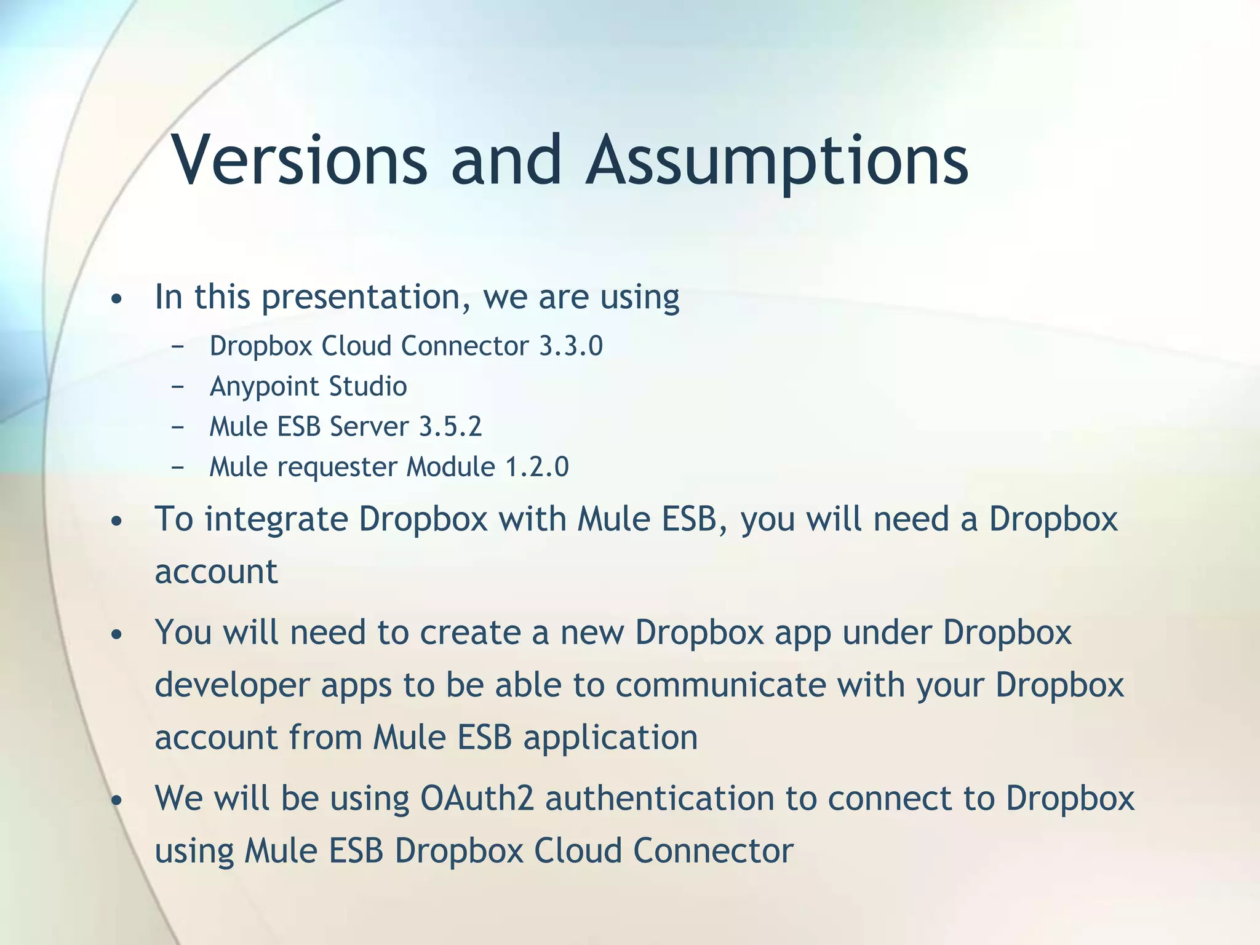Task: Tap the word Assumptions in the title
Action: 777,161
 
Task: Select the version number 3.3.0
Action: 571,346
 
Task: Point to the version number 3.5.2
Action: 450,426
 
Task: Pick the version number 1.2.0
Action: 536,467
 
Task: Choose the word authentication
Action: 659,799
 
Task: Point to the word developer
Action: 232,685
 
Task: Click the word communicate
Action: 720,685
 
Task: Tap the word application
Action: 610,738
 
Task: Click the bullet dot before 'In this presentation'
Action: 117,300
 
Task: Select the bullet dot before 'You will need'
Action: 117,634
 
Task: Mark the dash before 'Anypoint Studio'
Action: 178,388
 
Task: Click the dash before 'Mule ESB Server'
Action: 178,428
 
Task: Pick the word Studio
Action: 368,387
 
